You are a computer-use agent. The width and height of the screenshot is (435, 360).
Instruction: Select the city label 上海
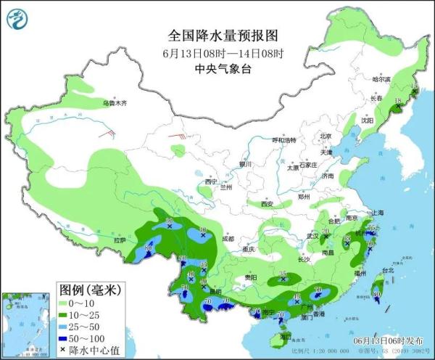(x=377, y=212)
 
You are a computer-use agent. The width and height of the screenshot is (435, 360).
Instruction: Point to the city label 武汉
(x=312, y=236)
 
